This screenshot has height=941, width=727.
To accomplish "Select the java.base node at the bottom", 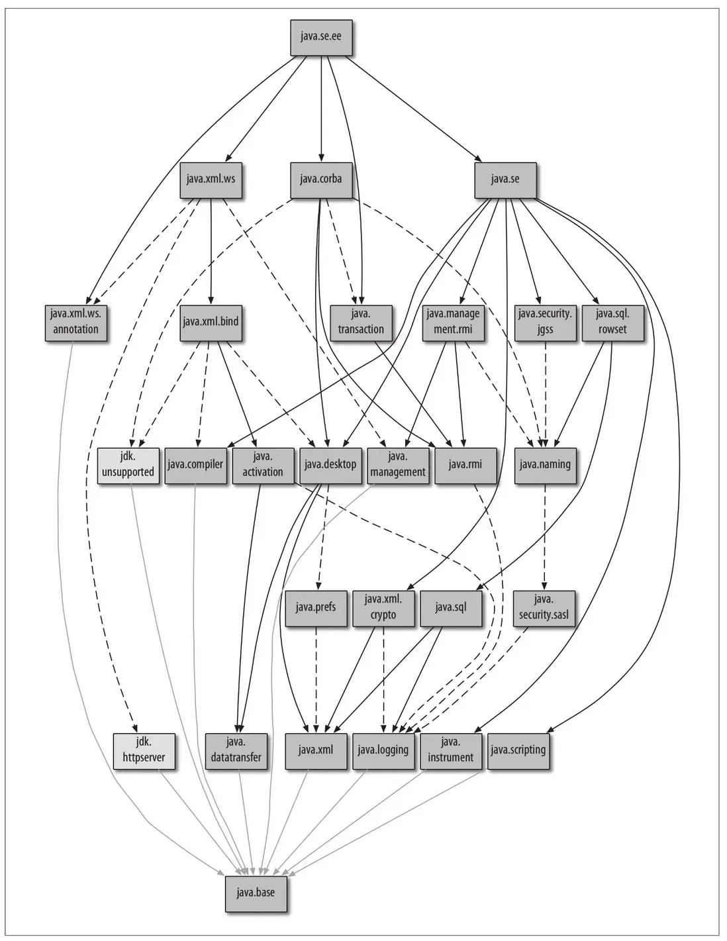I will (256, 893).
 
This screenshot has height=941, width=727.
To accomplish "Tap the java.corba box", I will (320, 179).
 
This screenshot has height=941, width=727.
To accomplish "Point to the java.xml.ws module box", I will (211, 179).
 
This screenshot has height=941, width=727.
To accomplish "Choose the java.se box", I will (505, 179).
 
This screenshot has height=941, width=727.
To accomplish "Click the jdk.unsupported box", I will (128, 465).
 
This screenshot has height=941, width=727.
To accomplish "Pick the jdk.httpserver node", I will (144, 750).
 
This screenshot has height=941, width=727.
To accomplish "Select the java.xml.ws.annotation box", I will (75, 322).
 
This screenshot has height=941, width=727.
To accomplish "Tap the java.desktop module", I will (330, 464).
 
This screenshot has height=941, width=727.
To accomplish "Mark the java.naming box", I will (545, 464).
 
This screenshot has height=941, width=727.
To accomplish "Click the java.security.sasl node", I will (544, 608).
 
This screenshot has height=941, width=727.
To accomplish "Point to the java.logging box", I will (383, 750).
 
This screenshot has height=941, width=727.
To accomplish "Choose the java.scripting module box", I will (518, 750).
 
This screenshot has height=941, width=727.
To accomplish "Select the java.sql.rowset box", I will (612, 322).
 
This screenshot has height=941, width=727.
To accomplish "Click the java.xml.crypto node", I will (383, 607).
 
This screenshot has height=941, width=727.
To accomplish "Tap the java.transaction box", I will (361, 322).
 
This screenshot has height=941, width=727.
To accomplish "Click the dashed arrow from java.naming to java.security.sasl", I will (544, 536).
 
